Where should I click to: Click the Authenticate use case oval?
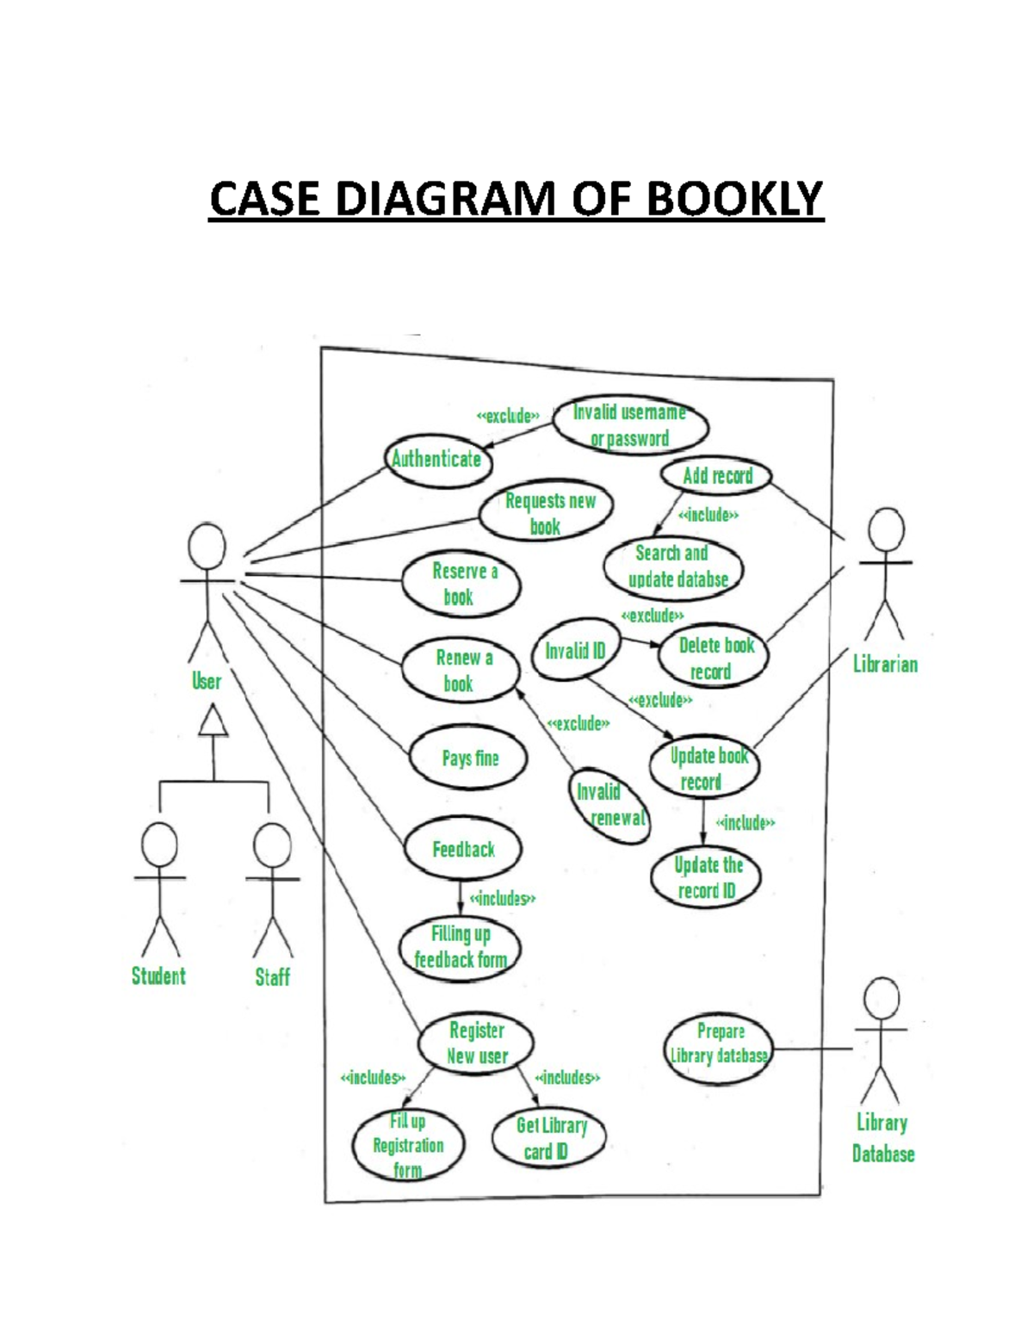437,460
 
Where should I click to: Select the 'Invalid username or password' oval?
630,425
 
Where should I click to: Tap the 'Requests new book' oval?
547,513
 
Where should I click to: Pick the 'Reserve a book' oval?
462,584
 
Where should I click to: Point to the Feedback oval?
463,849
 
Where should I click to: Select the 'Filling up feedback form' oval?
461,947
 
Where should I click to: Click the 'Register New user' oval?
476,1043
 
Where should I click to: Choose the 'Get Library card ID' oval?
548,1137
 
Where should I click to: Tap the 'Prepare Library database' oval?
719,1044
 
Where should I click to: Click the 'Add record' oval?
716,476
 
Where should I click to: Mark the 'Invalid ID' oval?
575,651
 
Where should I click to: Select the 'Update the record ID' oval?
707,878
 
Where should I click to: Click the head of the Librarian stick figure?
886,530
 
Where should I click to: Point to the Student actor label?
158,976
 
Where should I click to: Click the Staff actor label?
272,977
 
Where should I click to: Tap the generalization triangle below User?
213,722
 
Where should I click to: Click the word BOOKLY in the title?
734,200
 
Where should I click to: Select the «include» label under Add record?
708,516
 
